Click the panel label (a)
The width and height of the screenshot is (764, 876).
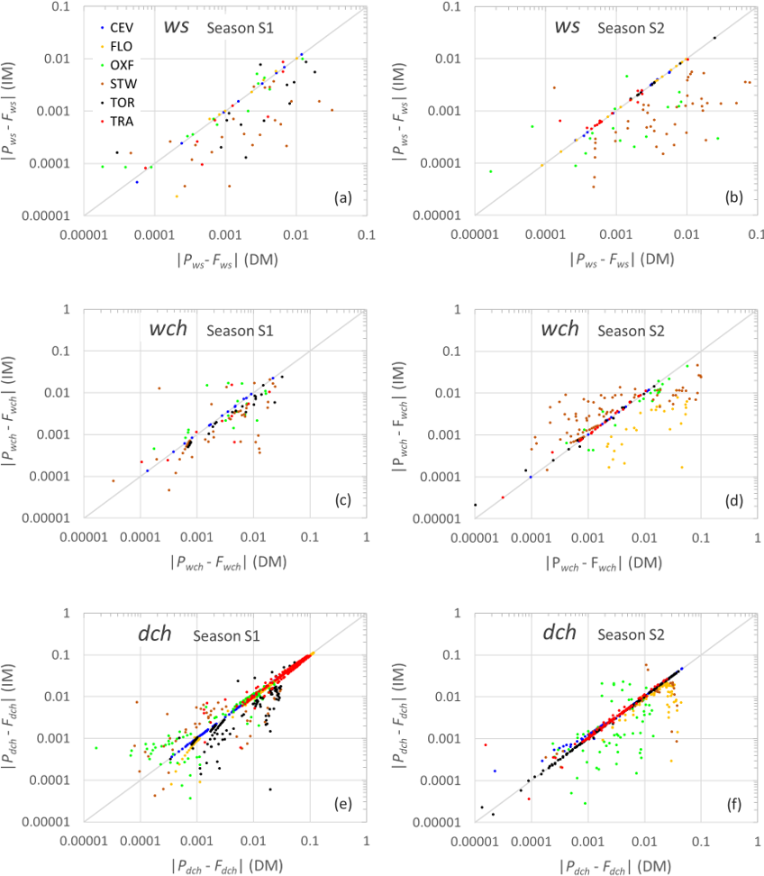pos(346,197)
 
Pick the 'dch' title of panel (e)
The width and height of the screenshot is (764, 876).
pos(165,633)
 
